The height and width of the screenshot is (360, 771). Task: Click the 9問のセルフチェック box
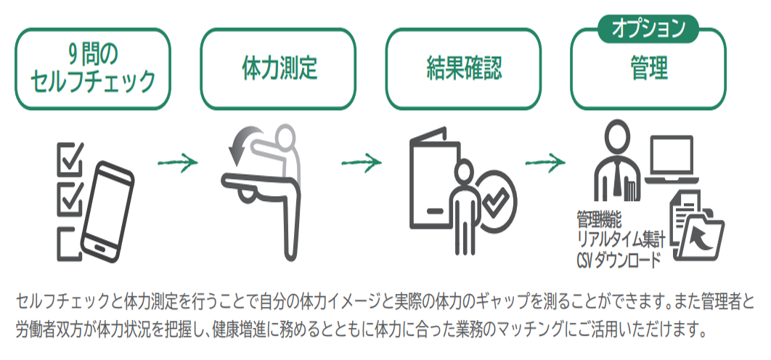click(x=93, y=70)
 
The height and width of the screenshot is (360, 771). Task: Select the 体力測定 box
click(x=278, y=70)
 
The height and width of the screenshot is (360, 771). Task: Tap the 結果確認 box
click(x=462, y=70)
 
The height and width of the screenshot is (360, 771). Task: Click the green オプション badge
click(x=648, y=28)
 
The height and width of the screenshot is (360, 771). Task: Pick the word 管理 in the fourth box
click(x=648, y=68)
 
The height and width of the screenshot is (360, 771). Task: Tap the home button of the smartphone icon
click(x=102, y=246)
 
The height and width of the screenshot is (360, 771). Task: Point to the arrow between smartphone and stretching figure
click(x=178, y=163)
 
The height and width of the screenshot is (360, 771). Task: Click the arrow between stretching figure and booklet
click(x=362, y=163)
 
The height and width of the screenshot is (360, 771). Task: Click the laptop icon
click(x=672, y=160)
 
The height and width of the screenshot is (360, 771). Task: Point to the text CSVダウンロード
click(x=619, y=259)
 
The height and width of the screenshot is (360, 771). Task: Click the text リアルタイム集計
click(x=621, y=239)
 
